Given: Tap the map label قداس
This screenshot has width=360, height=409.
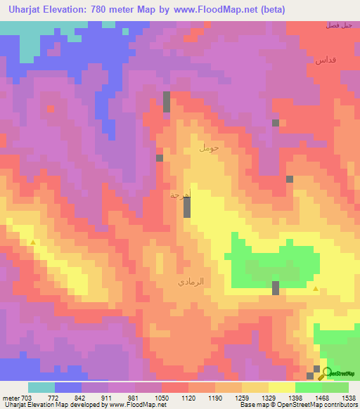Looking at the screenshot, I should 328,60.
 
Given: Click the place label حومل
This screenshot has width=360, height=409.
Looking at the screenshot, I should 210,148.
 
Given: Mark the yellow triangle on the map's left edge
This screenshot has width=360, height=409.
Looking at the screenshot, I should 33,242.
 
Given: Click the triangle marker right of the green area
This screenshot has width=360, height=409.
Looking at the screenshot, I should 316,289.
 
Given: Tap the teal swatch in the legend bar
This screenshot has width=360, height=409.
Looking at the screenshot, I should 41,387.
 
